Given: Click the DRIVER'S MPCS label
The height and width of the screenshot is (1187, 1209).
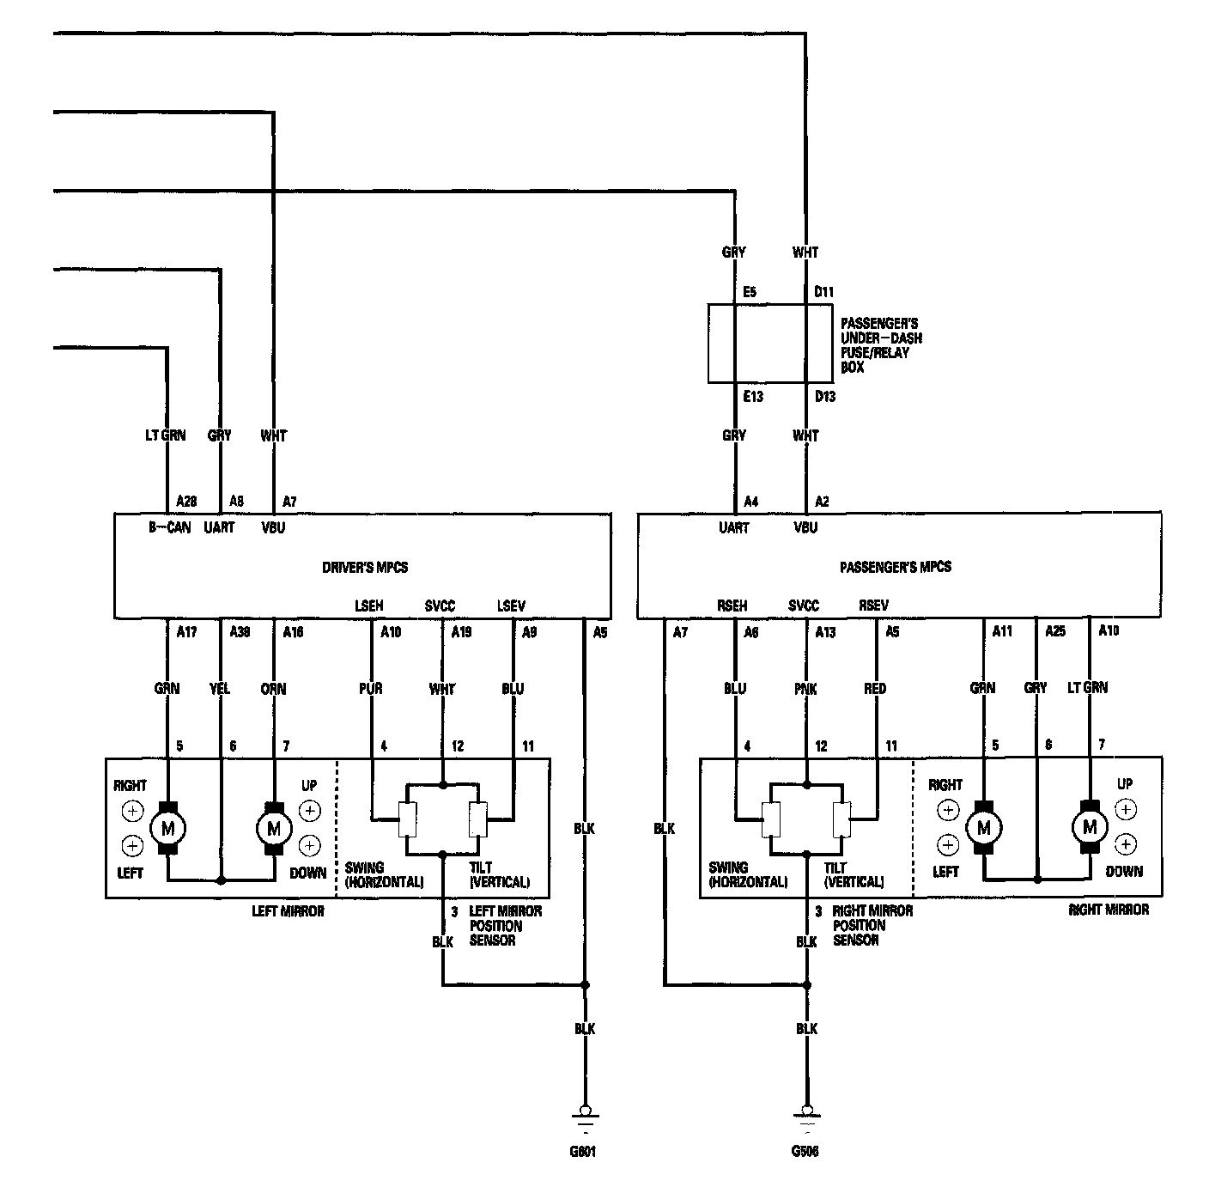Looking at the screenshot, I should pos(364,567).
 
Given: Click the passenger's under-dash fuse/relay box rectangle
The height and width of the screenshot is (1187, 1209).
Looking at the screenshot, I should pos(769,343).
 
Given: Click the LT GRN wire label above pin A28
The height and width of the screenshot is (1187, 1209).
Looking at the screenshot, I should pos(165,435).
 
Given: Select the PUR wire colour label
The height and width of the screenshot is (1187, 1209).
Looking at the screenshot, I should pos(371,689).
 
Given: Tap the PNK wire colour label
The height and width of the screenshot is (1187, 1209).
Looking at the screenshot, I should pos(806,689).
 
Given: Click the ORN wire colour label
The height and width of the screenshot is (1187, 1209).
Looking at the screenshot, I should pos(273,689).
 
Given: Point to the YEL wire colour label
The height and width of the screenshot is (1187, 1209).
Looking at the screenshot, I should pos(221,689).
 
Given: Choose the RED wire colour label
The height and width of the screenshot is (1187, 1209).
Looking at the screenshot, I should pos(875,689).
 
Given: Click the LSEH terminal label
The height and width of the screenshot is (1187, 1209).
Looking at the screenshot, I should pos(368,606).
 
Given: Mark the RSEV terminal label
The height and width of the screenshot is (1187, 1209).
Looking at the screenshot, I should pos(873,606).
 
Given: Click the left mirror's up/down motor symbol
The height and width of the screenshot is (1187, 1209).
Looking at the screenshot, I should pos(274,828).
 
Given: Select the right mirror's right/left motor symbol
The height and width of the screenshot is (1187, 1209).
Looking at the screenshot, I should pos(983,828).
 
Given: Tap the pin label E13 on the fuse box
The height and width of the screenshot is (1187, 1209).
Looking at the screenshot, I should pos(752,396).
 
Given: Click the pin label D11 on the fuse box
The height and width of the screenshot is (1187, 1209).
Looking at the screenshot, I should pos(823,292).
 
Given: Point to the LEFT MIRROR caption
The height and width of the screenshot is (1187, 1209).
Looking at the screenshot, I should pos(288,910).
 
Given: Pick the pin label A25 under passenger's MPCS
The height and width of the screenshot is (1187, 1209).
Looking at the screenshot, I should pos(1054,631).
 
